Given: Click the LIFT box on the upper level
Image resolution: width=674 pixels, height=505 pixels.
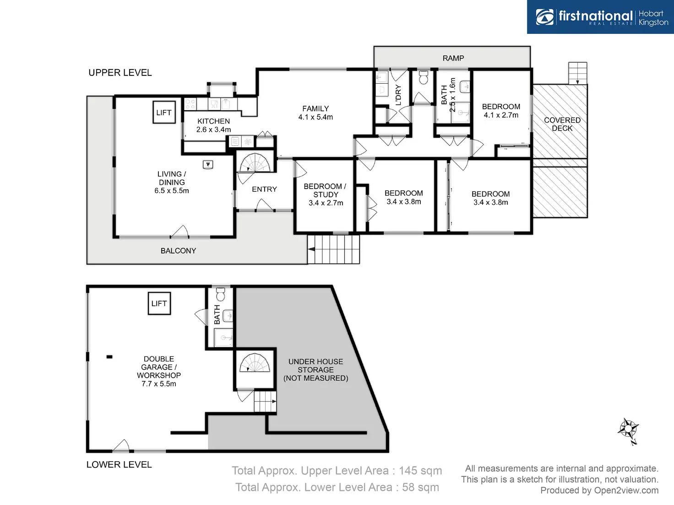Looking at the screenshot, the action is coord(164,113).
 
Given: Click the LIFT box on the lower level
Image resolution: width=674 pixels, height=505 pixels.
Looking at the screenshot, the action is coord(159,303).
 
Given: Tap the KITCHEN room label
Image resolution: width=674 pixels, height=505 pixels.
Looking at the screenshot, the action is coord(213,121).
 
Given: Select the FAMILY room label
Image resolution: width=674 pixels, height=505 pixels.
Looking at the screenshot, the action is coord(315,109).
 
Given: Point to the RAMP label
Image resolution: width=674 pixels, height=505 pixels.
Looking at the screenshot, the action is coord(453,58).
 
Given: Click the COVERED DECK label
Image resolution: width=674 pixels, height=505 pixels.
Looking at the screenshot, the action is coord(562,124).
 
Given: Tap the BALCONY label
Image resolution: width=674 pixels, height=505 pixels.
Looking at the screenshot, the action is coord(178,251).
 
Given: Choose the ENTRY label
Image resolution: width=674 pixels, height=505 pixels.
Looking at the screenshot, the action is coord(264,189).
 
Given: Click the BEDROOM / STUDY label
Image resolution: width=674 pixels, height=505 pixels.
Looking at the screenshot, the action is coord(325,190).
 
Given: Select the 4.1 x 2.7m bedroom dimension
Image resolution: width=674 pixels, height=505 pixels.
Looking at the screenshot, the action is coord(501,115).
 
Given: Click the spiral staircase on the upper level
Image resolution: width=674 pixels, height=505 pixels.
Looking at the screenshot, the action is coord(255,163).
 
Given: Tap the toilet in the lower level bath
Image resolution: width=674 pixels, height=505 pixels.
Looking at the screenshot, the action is coord(221,293).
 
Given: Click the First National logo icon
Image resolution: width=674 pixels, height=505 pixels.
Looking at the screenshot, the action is coord(545,17).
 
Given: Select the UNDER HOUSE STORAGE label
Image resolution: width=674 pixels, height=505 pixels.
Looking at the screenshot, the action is coord(315,370).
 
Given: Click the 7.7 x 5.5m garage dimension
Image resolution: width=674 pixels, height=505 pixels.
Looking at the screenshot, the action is coord(159,384).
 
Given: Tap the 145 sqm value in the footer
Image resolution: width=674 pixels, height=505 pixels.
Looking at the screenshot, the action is coord(420,471).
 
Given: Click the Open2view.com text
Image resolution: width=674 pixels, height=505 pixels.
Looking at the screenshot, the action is coord(626,490).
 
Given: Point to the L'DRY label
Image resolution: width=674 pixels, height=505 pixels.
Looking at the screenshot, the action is coord(398,95).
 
